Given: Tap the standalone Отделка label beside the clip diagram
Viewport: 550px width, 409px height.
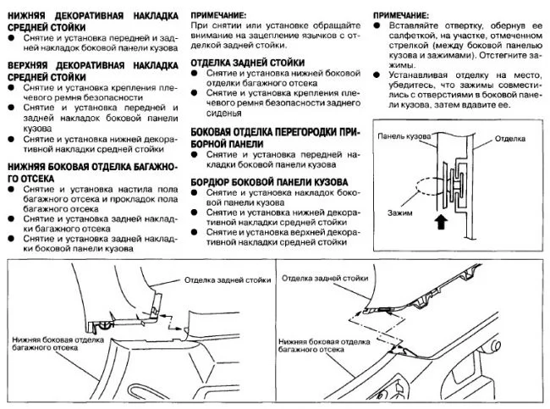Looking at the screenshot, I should point(511,136).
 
